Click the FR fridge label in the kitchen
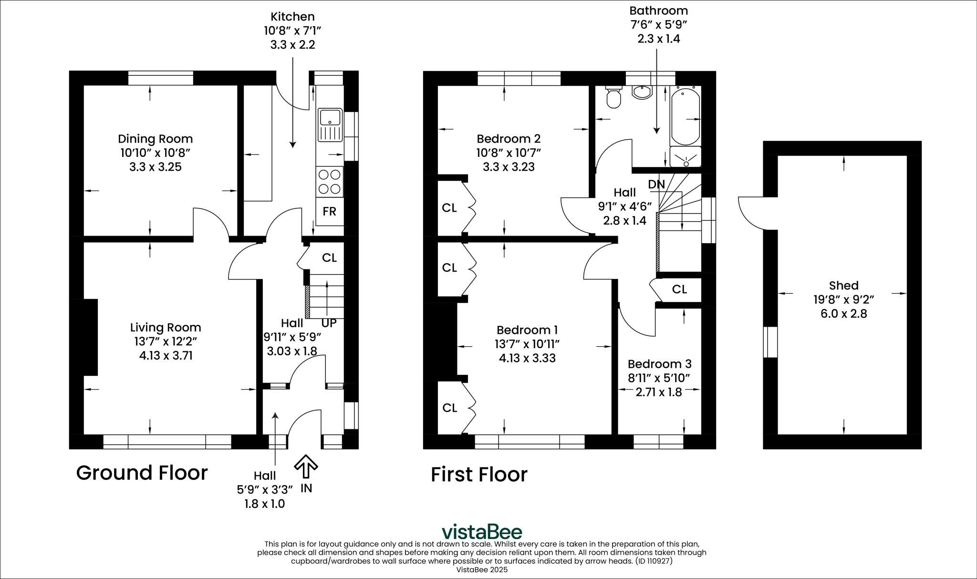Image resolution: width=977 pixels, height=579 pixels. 329,211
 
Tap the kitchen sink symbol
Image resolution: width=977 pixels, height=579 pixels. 330,125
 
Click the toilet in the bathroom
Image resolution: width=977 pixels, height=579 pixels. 613,98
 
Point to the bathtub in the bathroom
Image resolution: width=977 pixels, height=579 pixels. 686,115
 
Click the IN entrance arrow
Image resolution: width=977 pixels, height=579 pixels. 306,468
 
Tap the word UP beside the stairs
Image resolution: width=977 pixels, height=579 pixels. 329,323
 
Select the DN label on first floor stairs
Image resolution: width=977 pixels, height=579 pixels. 656,184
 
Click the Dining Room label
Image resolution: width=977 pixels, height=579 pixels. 156,139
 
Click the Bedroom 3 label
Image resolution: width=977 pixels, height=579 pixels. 659,364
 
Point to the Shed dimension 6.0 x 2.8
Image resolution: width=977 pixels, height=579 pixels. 843,314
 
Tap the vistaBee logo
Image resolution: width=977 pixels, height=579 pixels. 481,531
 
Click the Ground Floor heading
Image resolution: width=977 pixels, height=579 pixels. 142,473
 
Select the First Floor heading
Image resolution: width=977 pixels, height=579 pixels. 479,475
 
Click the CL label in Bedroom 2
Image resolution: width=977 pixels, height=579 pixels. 449,208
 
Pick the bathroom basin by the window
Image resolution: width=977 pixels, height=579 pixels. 642,92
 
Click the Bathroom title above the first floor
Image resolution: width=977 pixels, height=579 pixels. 658,10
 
